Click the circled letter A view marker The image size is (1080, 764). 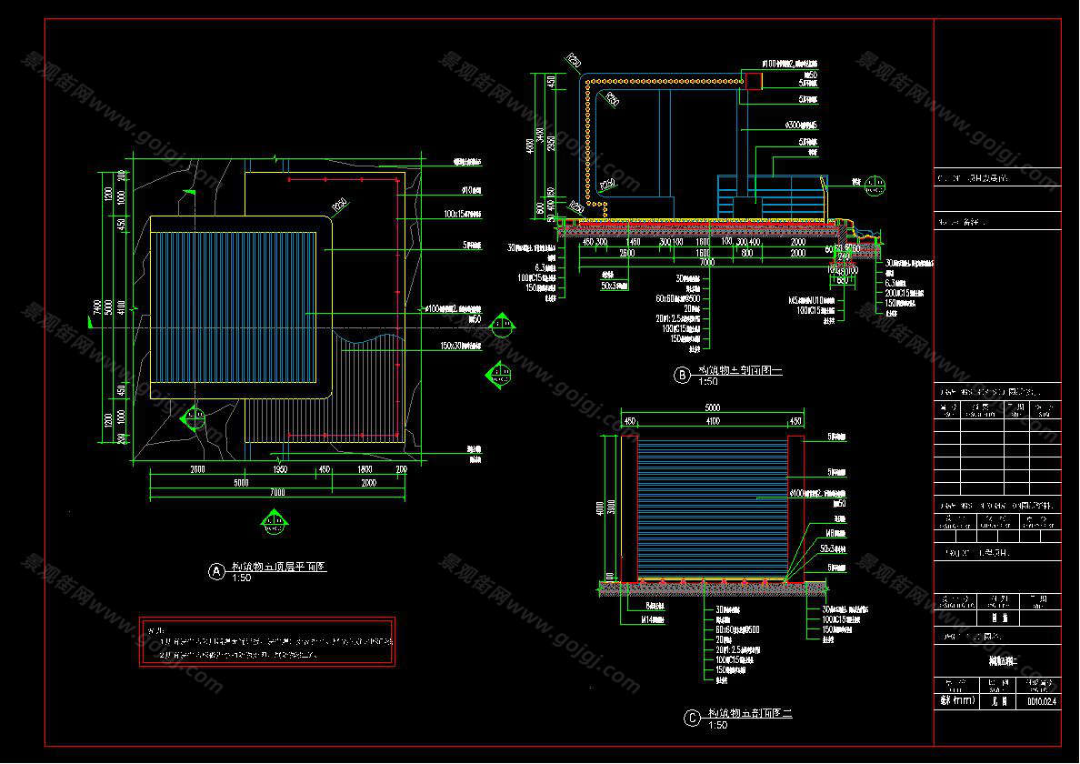point(216,570)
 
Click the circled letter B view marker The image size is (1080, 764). point(680,374)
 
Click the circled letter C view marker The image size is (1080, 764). point(692,718)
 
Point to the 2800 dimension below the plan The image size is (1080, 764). point(197,470)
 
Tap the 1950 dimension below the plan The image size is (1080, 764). point(280,470)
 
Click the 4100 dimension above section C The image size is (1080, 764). point(712,422)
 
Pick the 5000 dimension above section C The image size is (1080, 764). point(712,408)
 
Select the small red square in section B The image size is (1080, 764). point(755,81)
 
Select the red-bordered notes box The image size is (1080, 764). point(267,642)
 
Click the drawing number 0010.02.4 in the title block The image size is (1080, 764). point(1042,701)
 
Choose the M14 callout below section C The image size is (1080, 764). point(653,621)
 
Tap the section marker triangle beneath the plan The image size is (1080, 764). point(273,521)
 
